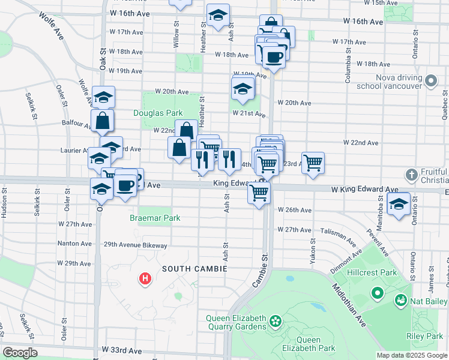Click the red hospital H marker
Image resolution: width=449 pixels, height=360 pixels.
(145, 278)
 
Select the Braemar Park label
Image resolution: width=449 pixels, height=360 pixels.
(155, 218)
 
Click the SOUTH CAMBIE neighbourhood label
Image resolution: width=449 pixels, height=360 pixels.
(193, 269)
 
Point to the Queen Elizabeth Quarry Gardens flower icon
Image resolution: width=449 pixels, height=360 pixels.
(276, 322)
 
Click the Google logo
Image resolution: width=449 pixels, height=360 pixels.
(20, 353)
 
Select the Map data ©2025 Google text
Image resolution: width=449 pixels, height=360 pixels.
(412, 355)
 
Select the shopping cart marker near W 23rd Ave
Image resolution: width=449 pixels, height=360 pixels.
(313, 162)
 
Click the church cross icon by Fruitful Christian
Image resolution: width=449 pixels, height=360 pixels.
(411, 175)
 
